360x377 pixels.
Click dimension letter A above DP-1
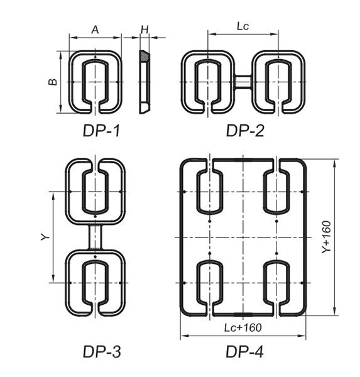(95, 30)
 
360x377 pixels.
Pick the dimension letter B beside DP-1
(55, 82)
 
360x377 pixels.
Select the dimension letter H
(145, 30)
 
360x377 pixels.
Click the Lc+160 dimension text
(243, 327)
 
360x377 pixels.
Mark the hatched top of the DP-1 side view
(145, 57)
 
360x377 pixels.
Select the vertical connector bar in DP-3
(95, 237)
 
